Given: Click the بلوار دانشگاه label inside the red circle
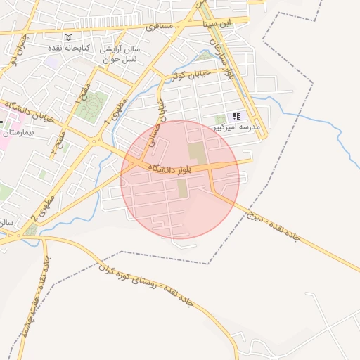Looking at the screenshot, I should pos(173,168).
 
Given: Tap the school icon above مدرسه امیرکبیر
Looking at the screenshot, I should pos(237,116).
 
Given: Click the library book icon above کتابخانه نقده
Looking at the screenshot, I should pos(68,37).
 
